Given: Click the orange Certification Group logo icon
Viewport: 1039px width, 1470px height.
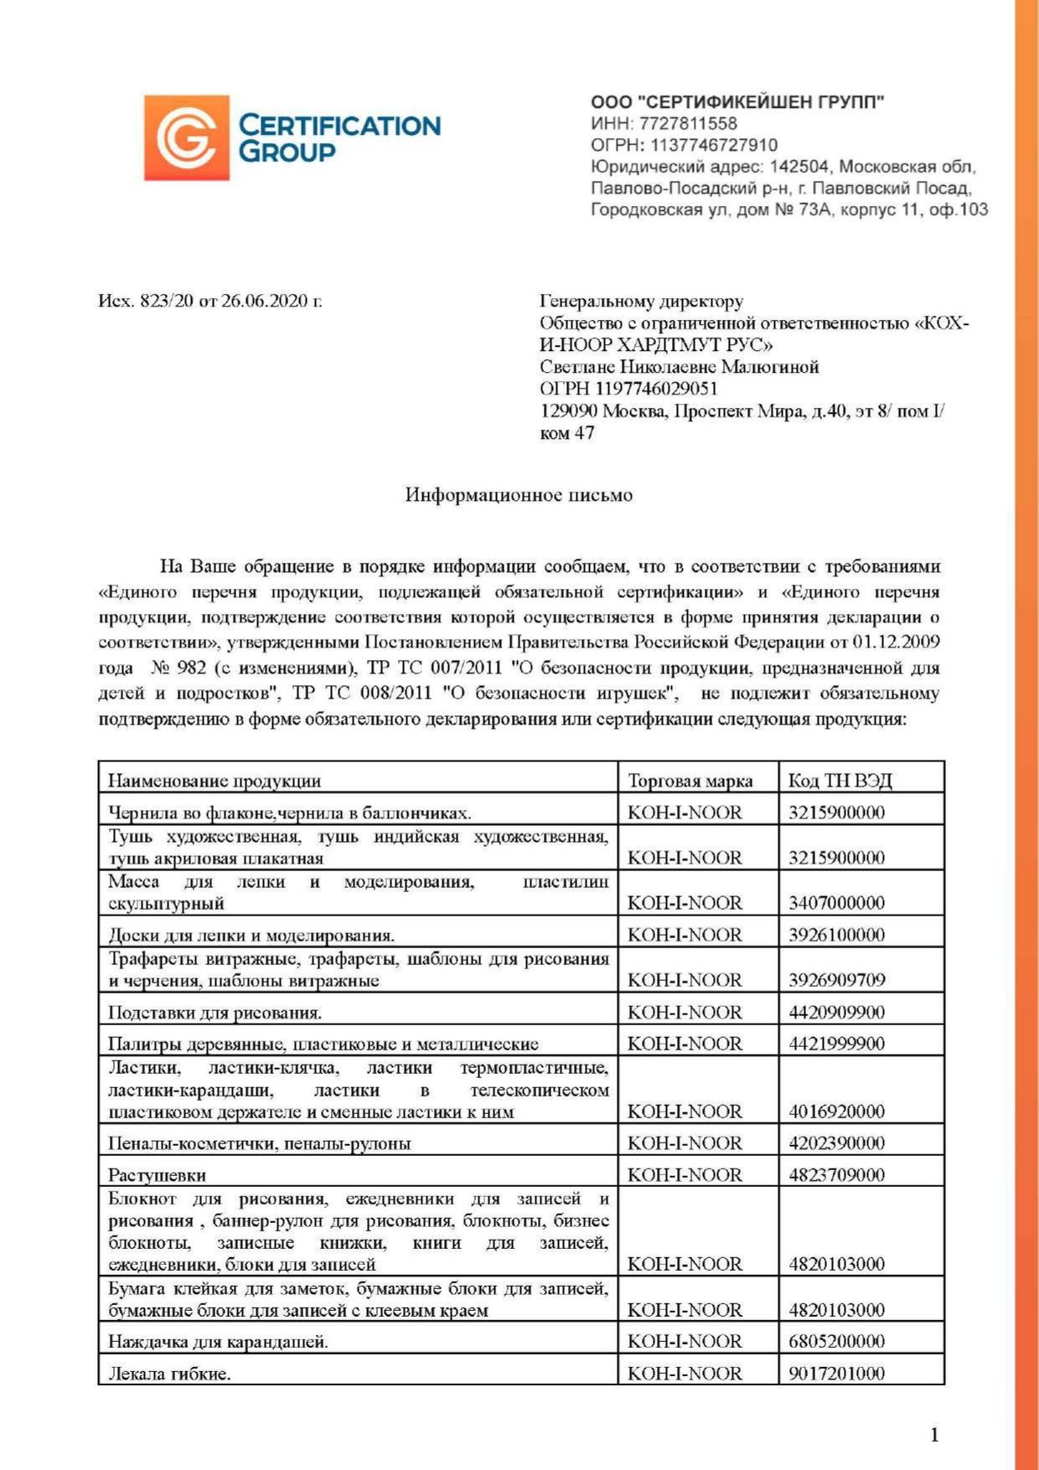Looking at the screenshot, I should tap(186, 137).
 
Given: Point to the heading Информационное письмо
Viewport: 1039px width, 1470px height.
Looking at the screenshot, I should tap(519, 495).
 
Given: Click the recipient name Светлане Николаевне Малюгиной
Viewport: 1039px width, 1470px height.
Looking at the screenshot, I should tap(680, 367).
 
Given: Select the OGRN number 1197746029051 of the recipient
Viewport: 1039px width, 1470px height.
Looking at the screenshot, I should tap(656, 389).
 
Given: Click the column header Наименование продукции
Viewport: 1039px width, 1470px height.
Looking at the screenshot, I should tap(215, 781).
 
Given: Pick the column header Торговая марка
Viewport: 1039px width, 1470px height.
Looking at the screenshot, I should tap(690, 781).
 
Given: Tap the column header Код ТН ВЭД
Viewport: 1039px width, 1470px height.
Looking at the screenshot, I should tap(840, 781).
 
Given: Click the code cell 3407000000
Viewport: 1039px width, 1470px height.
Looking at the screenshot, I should tap(836, 903).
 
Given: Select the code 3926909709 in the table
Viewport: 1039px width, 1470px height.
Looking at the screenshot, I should tap(836, 980).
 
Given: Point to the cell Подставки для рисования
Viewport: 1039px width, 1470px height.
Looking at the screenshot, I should tap(215, 1013).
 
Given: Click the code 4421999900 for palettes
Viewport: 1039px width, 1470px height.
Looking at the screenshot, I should tap(836, 1044).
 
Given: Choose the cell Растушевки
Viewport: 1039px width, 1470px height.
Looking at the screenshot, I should tap(158, 1175).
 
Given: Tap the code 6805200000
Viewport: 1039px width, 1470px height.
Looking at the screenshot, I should tap(836, 1342).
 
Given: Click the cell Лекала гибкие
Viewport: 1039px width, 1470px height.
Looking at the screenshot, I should tap(169, 1374).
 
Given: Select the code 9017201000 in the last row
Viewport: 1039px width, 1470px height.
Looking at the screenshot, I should tap(836, 1374).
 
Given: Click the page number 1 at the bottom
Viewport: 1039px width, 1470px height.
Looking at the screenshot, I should tap(934, 1436).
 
